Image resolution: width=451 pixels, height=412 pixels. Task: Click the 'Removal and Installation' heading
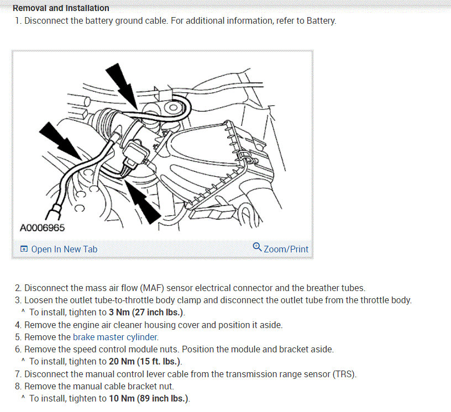[61, 8]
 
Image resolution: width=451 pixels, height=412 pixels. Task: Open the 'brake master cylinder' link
[115, 337]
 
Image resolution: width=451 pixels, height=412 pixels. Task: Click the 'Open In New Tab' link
[64, 249]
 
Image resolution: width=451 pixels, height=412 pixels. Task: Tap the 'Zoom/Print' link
[286, 249]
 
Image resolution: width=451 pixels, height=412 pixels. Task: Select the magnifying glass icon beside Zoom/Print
[257, 247]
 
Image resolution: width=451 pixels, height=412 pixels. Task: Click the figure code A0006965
[42, 228]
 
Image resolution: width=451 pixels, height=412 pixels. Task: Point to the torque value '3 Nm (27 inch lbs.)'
[146, 312]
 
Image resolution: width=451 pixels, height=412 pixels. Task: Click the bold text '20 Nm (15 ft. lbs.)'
[145, 361]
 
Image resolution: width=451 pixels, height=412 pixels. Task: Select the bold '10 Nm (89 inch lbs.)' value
[149, 399]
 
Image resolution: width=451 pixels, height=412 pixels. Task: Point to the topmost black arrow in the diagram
[122, 86]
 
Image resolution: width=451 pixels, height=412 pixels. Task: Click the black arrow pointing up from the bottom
[143, 200]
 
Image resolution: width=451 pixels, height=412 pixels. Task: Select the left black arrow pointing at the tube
[60, 140]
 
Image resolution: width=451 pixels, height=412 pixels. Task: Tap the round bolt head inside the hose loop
[173, 108]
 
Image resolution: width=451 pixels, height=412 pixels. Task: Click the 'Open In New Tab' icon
[24, 249]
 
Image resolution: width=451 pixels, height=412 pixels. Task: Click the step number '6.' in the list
[18, 350]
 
